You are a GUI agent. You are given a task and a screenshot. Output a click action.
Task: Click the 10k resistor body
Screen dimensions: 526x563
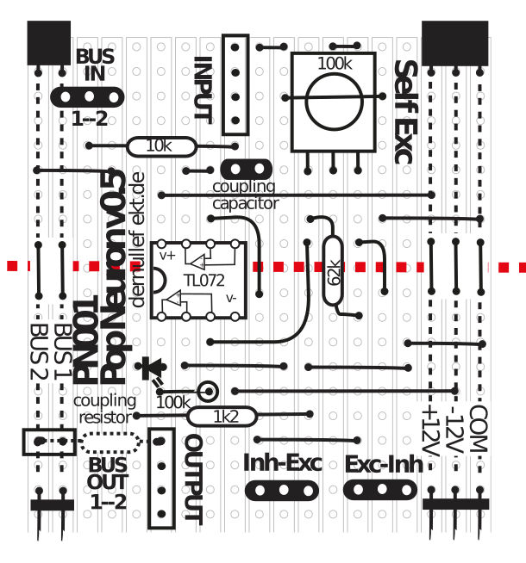pyautogui.click(x=161, y=146)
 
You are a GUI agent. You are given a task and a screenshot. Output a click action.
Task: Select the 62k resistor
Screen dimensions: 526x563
pyautogui.click(x=333, y=271)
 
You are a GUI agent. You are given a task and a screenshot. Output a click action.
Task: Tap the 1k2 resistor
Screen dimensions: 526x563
pyautogui.click(x=222, y=417)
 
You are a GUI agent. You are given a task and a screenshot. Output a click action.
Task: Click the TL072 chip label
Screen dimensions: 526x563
pyautogui.click(x=204, y=281)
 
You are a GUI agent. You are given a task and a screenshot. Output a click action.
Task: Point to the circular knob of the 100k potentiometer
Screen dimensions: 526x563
pyautogui.click(x=334, y=101)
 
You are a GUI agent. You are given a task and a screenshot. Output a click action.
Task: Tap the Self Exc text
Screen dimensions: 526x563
pyautogui.click(x=406, y=112)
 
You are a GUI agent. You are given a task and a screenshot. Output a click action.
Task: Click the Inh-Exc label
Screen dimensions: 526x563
pyautogui.click(x=283, y=462)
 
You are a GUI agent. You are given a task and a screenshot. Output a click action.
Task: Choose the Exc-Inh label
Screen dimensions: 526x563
pyautogui.click(x=384, y=464)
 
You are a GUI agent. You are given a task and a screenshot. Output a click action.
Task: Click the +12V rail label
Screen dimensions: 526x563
pyautogui.click(x=430, y=431)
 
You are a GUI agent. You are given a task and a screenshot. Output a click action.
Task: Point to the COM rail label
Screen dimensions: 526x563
pyautogui.click(x=479, y=429)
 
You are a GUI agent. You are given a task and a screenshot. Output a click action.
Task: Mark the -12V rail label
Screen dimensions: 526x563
pyautogui.click(x=454, y=430)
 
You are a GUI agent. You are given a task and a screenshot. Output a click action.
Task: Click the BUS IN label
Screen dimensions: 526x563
pyautogui.click(x=95, y=65)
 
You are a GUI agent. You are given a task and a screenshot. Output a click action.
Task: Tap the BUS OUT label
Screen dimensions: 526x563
pyautogui.click(x=108, y=473)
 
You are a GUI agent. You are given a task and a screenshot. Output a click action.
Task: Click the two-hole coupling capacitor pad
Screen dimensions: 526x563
pyautogui.click(x=247, y=169)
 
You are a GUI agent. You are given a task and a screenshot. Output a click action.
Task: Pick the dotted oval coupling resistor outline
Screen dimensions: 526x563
pyautogui.click(x=110, y=442)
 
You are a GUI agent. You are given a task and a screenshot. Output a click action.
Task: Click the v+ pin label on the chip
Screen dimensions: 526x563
pyautogui.click(x=167, y=256)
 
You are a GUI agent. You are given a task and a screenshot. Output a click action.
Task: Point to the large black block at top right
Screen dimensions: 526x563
pyautogui.click(x=454, y=43)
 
